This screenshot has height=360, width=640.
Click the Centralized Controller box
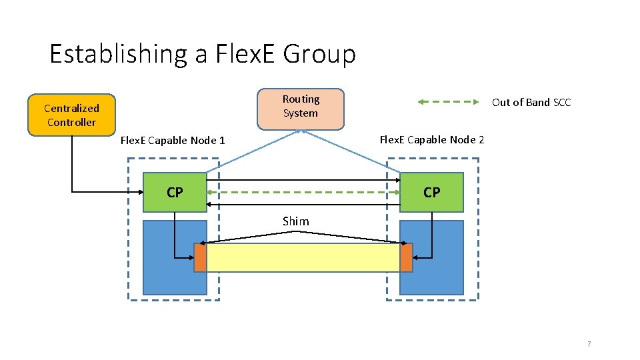click(x=71, y=115)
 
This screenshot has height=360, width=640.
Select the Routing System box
click(x=301, y=108)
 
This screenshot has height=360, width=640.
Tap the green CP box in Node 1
click(x=175, y=193)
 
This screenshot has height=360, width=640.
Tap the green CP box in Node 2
click(x=431, y=193)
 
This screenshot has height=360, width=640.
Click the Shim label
click(x=295, y=221)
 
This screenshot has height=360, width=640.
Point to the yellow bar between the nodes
click(x=303, y=257)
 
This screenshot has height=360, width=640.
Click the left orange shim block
click(x=200, y=257)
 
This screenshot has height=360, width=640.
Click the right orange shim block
click(x=406, y=257)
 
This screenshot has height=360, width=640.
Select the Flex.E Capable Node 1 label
click(x=173, y=140)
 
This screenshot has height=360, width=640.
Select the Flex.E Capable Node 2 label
click(x=432, y=139)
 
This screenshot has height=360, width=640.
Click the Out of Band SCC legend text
click(x=531, y=102)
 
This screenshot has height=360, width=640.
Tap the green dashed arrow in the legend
click(x=449, y=102)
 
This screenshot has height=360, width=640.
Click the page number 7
click(x=589, y=344)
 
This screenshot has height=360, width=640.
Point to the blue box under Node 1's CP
click(x=160, y=267)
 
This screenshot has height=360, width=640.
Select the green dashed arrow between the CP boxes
click(x=303, y=193)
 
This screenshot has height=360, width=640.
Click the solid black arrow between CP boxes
click(x=303, y=180)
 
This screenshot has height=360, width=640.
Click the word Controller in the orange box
click(x=71, y=122)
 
